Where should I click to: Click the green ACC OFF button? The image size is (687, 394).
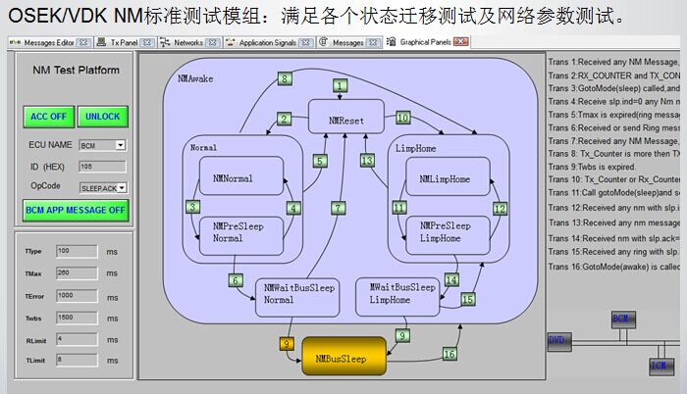pos(48,116)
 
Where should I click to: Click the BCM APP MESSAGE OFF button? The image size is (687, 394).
pos(75,210)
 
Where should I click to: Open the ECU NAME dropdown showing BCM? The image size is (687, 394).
pos(102,145)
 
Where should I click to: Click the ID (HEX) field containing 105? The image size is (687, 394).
pos(101,167)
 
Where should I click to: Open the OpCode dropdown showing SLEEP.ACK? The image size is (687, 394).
pos(103,186)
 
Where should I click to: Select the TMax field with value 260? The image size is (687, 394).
pos(77,272)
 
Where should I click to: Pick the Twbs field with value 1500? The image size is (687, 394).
pos(77,318)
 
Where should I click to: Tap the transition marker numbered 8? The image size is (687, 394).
pos(284,78)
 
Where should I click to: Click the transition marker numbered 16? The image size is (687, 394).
pos(449,353)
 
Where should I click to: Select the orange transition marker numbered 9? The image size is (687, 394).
pos(286,344)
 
